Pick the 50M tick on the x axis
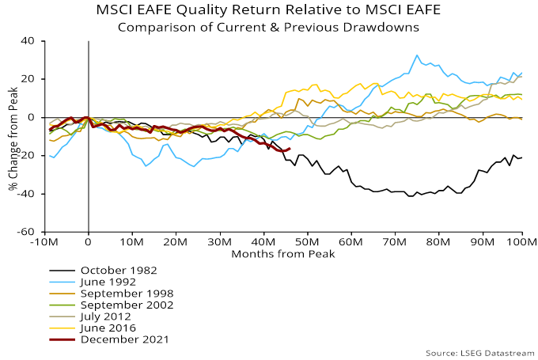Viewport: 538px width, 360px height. pos(305,242)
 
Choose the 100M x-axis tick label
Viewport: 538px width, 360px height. pos(521,242)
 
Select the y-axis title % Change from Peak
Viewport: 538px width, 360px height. pos(11,136)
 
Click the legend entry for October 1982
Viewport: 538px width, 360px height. pos(119,269)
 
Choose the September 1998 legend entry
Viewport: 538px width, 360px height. pos(127,293)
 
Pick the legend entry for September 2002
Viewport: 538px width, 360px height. pos(127,305)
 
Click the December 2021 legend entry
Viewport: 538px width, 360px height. pos(124,339)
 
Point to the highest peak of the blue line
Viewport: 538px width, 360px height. pos(417,55)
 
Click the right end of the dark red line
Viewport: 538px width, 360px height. pos(290,149)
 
